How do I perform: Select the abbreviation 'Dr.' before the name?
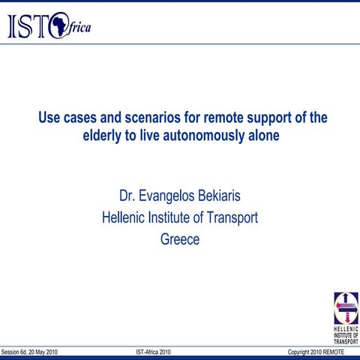click(x=128, y=196)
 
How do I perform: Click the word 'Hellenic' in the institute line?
click(x=125, y=218)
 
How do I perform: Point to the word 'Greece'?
click(x=180, y=240)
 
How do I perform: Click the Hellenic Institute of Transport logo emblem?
click(x=346, y=307)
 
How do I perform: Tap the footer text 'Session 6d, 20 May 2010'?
click(x=29, y=352)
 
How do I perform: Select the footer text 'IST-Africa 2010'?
click(x=158, y=352)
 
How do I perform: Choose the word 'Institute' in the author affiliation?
click(x=174, y=218)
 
